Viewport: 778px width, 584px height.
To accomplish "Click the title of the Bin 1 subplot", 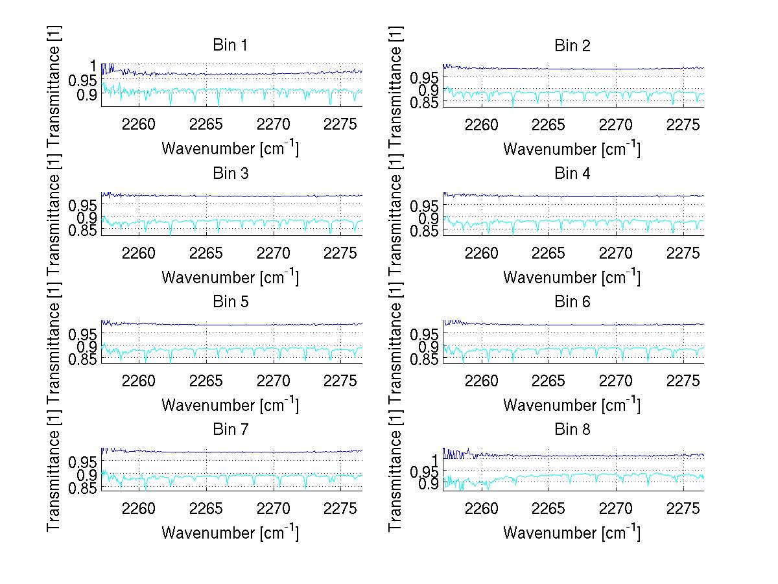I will [230, 45].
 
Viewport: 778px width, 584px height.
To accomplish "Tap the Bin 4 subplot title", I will [572, 173].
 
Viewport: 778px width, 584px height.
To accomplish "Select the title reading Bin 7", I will [230, 429].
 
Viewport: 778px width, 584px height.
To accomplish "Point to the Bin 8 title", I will [572, 429].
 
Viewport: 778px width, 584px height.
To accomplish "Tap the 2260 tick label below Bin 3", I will [139, 253].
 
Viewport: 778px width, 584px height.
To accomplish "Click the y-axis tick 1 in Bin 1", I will [93, 65].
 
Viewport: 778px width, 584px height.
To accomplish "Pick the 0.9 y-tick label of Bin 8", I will [429, 485].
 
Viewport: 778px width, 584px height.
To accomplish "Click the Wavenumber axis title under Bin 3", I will [230, 277].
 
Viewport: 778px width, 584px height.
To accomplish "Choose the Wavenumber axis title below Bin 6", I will [572, 404].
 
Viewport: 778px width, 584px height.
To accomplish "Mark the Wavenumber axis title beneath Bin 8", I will [572, 532].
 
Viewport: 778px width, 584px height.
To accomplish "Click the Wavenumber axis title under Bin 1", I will [230, 148].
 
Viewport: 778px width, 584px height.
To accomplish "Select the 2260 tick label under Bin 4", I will [481, 253].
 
